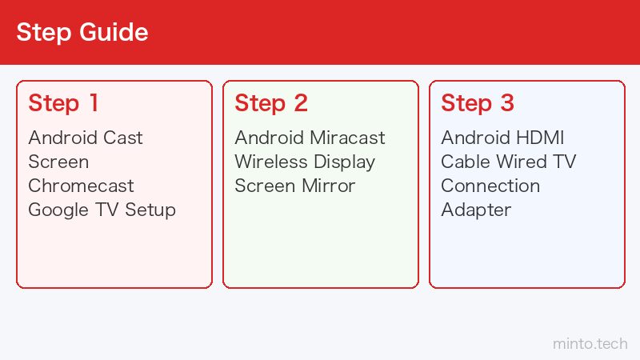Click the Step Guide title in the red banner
(x=82, y=32)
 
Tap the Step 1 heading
(x=63, y=103)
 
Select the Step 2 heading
(x=271, y=103)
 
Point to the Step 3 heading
(x=478, y=103)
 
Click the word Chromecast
(x=81, y=186)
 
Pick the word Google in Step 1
(x=58, y=210)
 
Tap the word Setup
(x=150, y=210)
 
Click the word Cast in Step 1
(x=123, y=138)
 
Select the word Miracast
(x=347, y=138)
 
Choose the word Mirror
(x=329, y=186)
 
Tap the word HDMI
(x=540, y=138)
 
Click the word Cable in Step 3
(x=466, y=162)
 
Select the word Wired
(x=522, y=162)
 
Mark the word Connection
(x=490, y=186)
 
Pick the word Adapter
(x=476, y=210)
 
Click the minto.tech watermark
(x=590, y=344)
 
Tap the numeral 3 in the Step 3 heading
(x=507, y=103)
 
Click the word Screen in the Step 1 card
(x=58, y=162)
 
